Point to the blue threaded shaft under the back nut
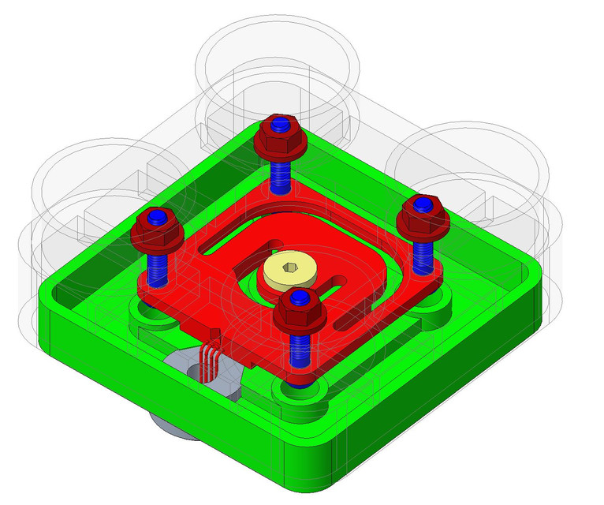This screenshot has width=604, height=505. [279, 174]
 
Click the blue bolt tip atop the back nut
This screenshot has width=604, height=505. [278, 125]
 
